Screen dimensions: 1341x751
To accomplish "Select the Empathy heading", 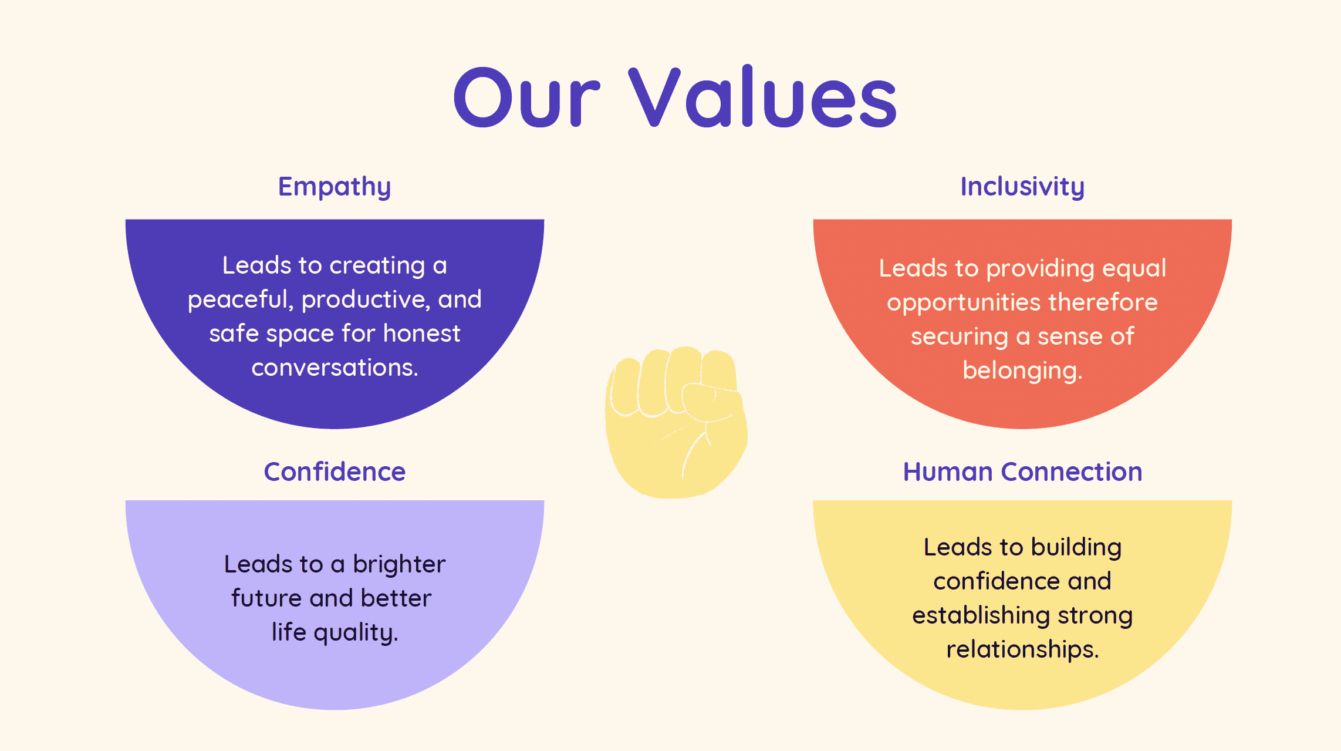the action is (x=335, y=187).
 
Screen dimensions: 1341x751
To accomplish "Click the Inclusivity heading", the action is (x=1022, y=187).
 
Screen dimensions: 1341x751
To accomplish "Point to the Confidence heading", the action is (x=335, y=472).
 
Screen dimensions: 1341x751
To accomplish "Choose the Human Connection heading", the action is (x=1022, y=472).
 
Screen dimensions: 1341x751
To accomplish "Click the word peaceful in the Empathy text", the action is (x=241, y=300).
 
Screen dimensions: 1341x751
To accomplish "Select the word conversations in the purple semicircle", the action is (x=335, y=368).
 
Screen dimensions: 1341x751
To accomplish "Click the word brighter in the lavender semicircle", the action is (x=399, y=565).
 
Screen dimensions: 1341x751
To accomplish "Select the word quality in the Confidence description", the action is (x=356, y=633).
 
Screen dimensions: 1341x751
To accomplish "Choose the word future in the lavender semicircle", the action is (x=266, y=598).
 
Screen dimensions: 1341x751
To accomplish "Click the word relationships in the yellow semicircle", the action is (x=1022, y=650).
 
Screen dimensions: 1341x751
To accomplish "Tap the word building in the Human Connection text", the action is (x=1076, y=548).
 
